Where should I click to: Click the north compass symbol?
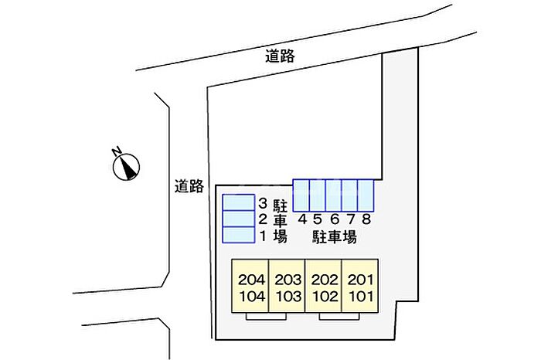pyautogui.click(x=127, y=165)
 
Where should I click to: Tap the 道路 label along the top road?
pyautogui.click(x=280, y=56)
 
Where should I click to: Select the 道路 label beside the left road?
pyautogui.click(x=189, y=185)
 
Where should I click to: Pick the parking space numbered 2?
pyautogui.click(x=238, y=219)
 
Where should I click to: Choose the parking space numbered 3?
pyautogui.click(x=238, y=202)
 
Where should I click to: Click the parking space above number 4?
pyautogui.click(x=301, y=194)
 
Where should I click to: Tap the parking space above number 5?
pyautogui.click(x=318, y=194)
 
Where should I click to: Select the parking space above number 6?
pyautogui.click(x=334, y=194)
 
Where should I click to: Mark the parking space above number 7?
pyautogui.click(x=350, y=194)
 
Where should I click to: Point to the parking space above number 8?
pyautogui.click(x=366, y=194)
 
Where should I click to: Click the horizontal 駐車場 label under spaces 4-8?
pyautogui.click(x=334, y=236)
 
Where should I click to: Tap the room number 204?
pyautogui.click(x=252, y=280)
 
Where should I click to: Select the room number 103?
pyautogui.click(x=288, y=297)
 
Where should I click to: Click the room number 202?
pyautogui.click(x=325, y=280)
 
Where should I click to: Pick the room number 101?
pyautogui.click(x=360, y=297)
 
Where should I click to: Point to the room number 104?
pyautogui.click(x=252, y=297)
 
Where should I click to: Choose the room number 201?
pyautogui.click(x=360, y=280)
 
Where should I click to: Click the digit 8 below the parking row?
pyautogui.click(x=366, y=219)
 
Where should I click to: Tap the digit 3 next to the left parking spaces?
pyautogui.click(x=263, y=203)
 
